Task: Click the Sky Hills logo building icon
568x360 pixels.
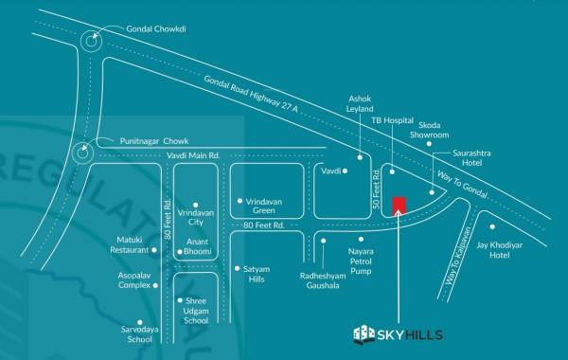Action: pos(364,333)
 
